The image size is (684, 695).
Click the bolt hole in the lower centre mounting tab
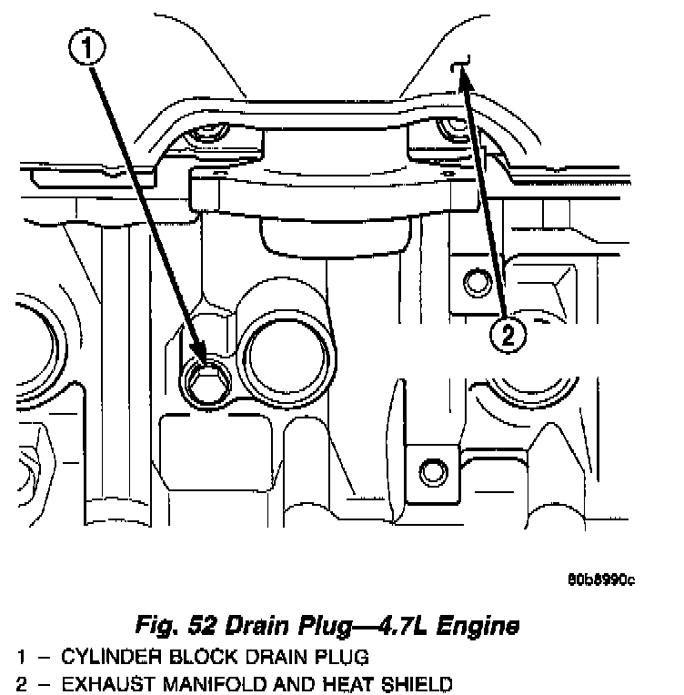coord(429,471)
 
